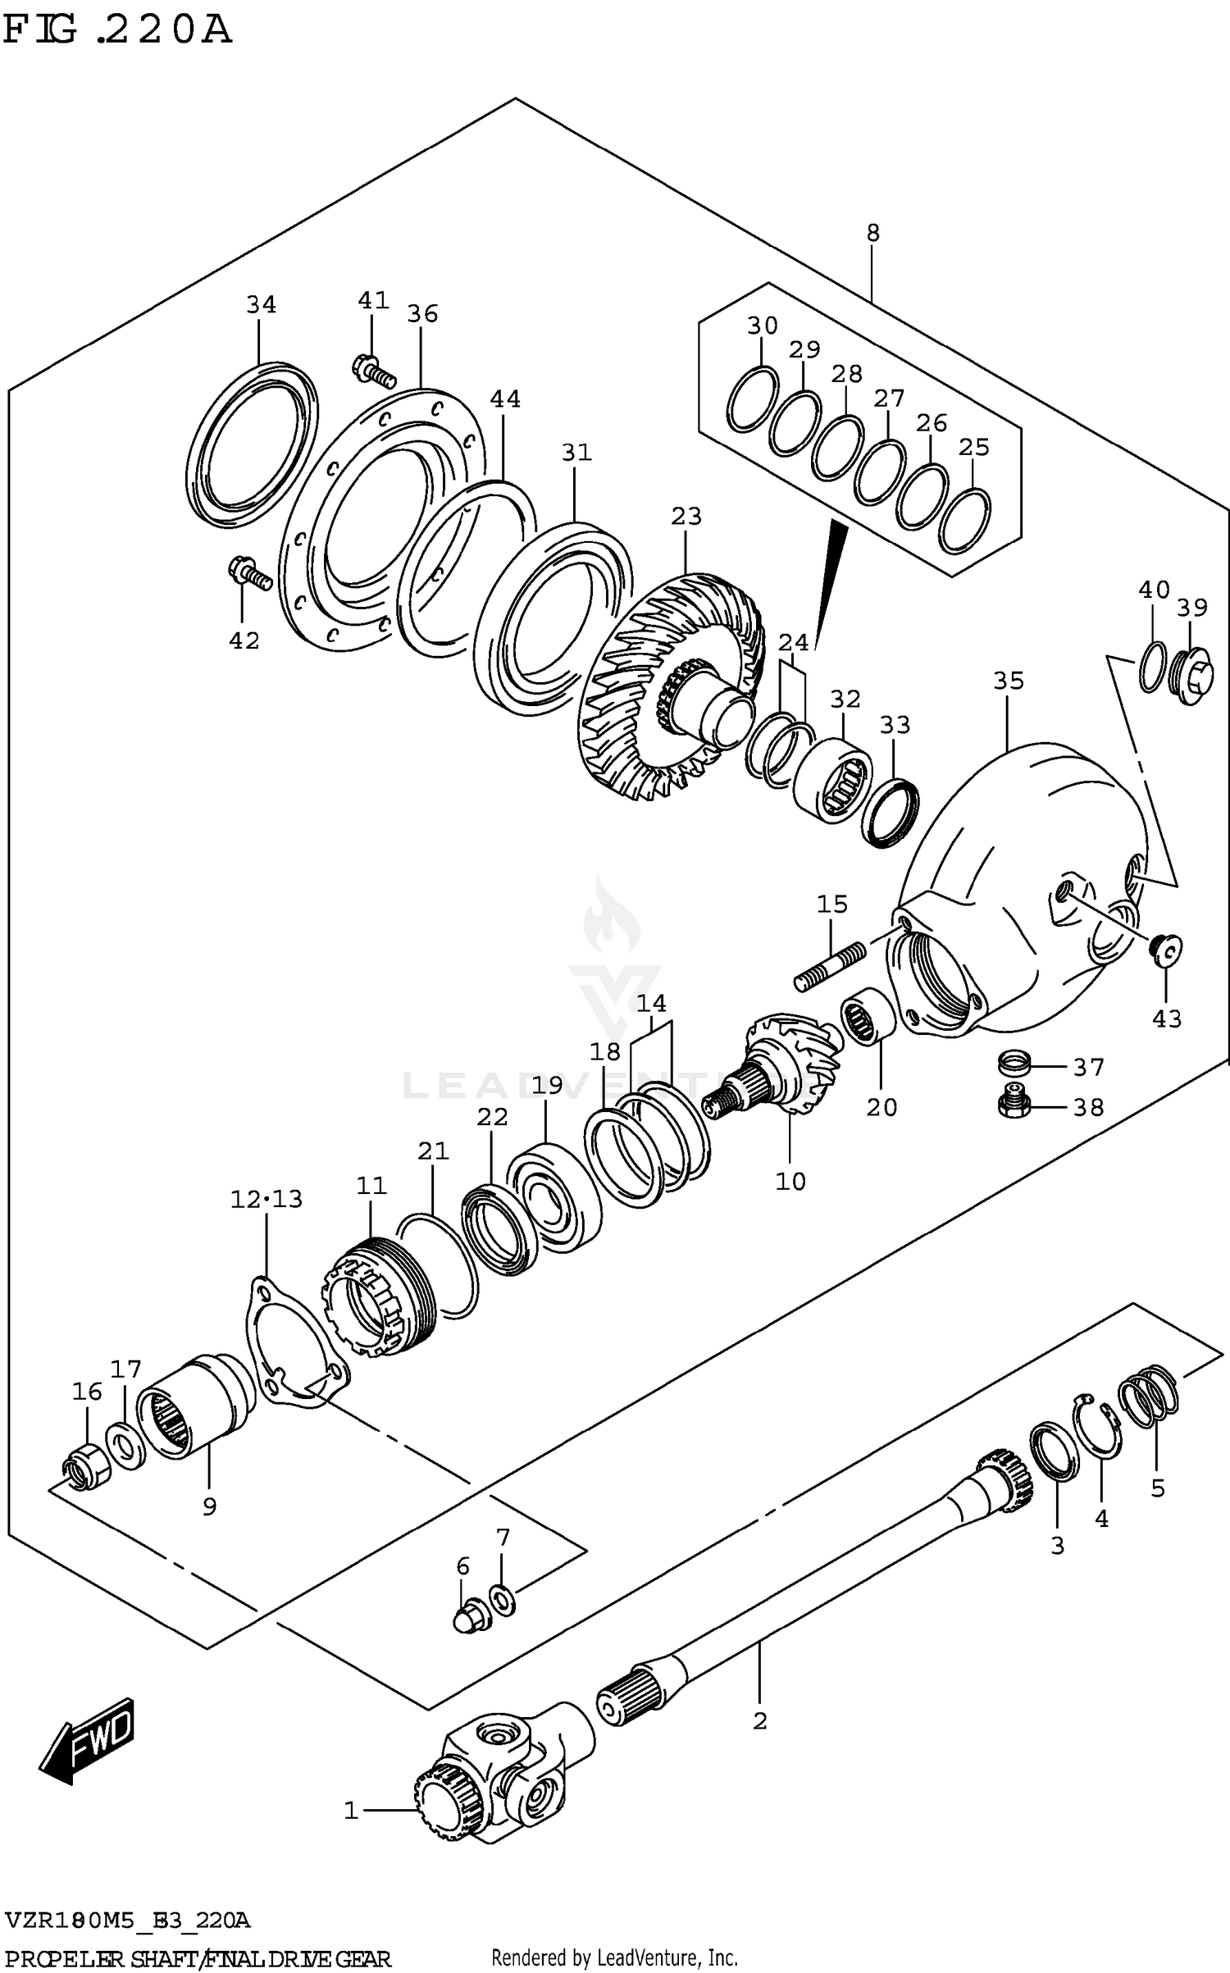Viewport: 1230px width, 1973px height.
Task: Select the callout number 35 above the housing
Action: point(1009,681)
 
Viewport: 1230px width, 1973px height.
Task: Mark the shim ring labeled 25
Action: point(963,521)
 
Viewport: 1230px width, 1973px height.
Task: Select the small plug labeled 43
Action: point(1164,950)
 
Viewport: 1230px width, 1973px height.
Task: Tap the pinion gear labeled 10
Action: point(779,1066)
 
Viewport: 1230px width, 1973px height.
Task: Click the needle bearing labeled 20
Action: point(867,1017)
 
